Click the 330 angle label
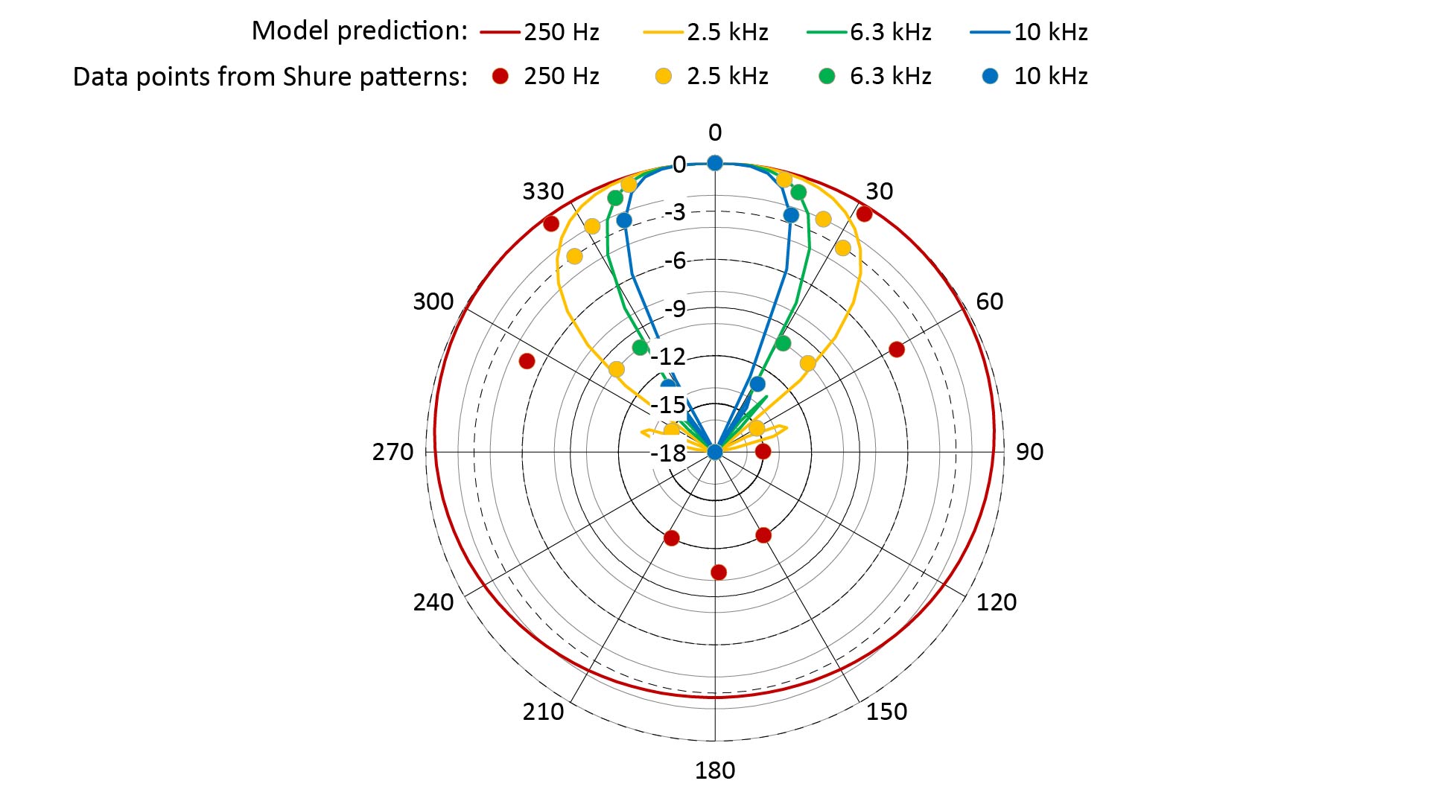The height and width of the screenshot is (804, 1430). pyautogui.click(x=543, y=191)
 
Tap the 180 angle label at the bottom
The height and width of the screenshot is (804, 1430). pyautogui.click(x=715, y=770)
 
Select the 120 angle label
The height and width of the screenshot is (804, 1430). pyautogui.click(x=996, y=602)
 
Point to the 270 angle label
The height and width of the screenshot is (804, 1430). pyautogui.click(x=393, y=452)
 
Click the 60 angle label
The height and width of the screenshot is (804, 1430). pyautogui.click(x=989, y=301)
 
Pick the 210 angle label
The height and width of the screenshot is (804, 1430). pyautogui.click(x=543, y=712)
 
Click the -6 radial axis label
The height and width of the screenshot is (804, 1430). pyautogui.click(x=675, y=261)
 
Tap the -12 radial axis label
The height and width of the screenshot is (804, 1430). pyautogui.click(x=668, y=357)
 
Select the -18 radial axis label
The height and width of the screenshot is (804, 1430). pyautogui.click(x=668, y=453)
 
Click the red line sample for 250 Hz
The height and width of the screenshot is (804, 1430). pyautogui.click(x=500, y=32)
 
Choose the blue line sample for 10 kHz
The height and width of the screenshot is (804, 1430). pyautogui.click(x=990, y=32)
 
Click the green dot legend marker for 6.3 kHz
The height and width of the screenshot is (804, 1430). pyautogui.click(x=827, y=76)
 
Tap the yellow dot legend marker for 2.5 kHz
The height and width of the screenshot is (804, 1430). pyautogui.click(x=663, y=76)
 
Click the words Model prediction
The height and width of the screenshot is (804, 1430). pyautogui.click(x=359, y=31)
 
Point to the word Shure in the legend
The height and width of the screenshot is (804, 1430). pyautogui.click(x=318, y=77)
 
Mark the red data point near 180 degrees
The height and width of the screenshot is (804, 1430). pyautogui.click(x=719, y=572)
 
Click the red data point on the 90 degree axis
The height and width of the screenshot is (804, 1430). pyautogui.click(x=763, y=451)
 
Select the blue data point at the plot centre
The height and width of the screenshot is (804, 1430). pyautogui.click(x=715, y=452)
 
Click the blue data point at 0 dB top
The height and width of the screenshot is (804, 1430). pyautogui.click(x=715, y=163)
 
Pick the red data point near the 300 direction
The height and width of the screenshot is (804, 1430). pyautogui.click(x=527, y=361)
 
